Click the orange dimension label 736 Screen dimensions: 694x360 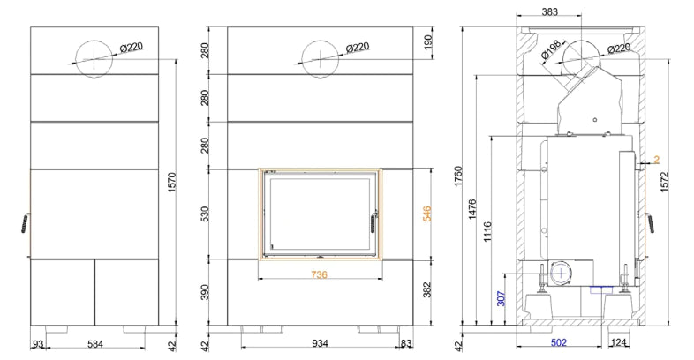tap(319, 274)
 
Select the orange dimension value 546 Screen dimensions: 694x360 tap(427, 214)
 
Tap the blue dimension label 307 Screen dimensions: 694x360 tap(501, 298)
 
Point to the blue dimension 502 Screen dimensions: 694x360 tap(559, 342)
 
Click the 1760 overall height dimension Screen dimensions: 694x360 tap(458, 176)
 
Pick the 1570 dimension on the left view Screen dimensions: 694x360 tap(172, 183)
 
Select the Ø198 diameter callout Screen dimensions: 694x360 tap(551, 49)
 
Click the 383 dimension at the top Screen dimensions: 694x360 tap(550, 12)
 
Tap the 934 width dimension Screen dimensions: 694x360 tap(320, 343)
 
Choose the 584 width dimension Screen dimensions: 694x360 tap(95, 343)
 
